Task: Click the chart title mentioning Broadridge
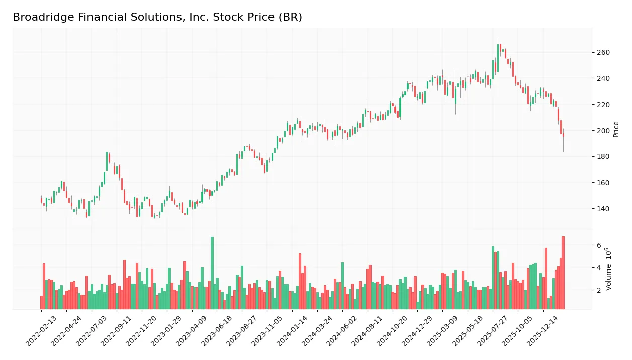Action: point(157,17)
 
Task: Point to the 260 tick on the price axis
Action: point(603,53)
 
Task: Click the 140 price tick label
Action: point(603,209)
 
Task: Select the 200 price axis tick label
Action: point(603,131)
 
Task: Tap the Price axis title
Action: point(616,129)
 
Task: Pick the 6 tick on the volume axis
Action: point(599,245)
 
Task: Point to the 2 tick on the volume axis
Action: point(599,290)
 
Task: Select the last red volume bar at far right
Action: point(563,273)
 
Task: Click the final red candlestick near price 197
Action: point(563,135)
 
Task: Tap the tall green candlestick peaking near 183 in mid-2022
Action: point(107,161)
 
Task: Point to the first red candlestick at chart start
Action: point(42,200)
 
